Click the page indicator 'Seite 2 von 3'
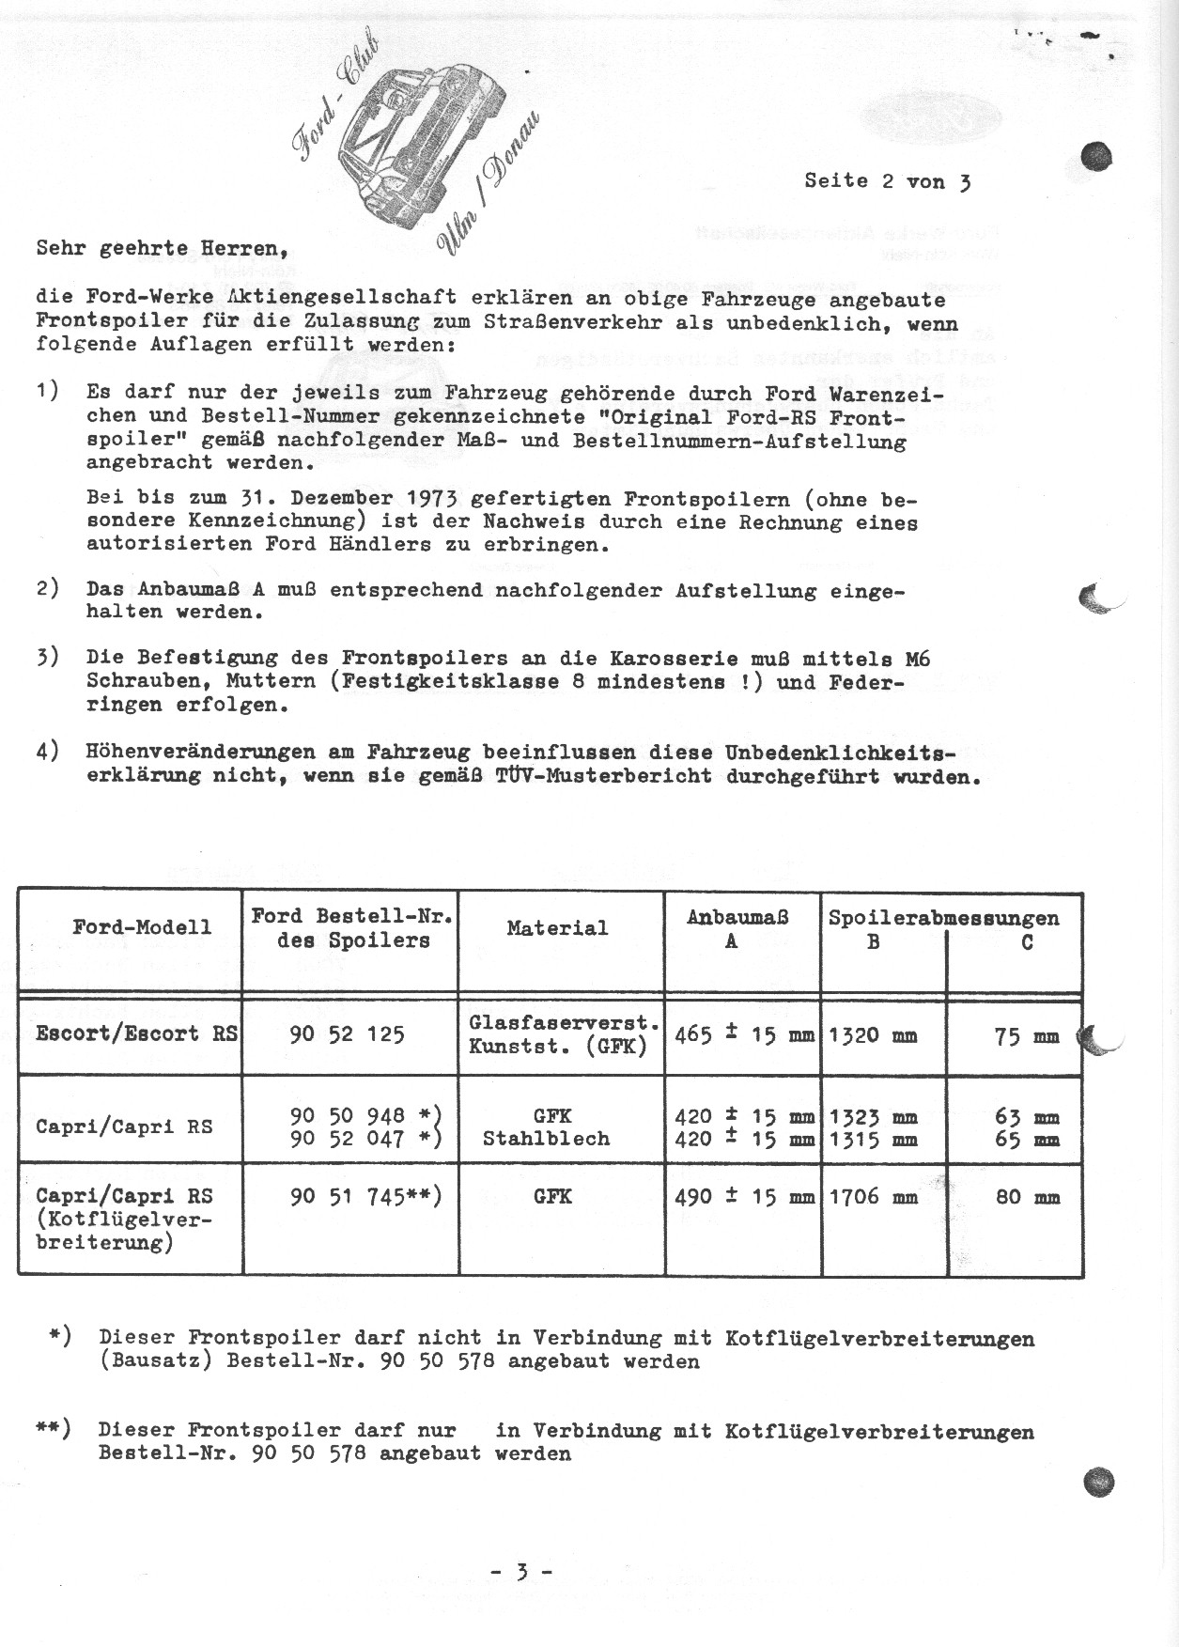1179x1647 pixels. point(887,181)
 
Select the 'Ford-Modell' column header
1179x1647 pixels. point(130,927)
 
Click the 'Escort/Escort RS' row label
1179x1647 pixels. point(136,1033)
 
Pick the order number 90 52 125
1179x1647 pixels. point(348,1034)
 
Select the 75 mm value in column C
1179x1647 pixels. point(1026,1036)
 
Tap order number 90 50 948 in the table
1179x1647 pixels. point(348,1115)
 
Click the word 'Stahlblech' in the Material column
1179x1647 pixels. point(546,1139)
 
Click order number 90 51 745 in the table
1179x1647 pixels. point(348,1196)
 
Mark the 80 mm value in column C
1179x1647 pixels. point(1026,1197)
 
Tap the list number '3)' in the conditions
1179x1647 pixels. point(48,658)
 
